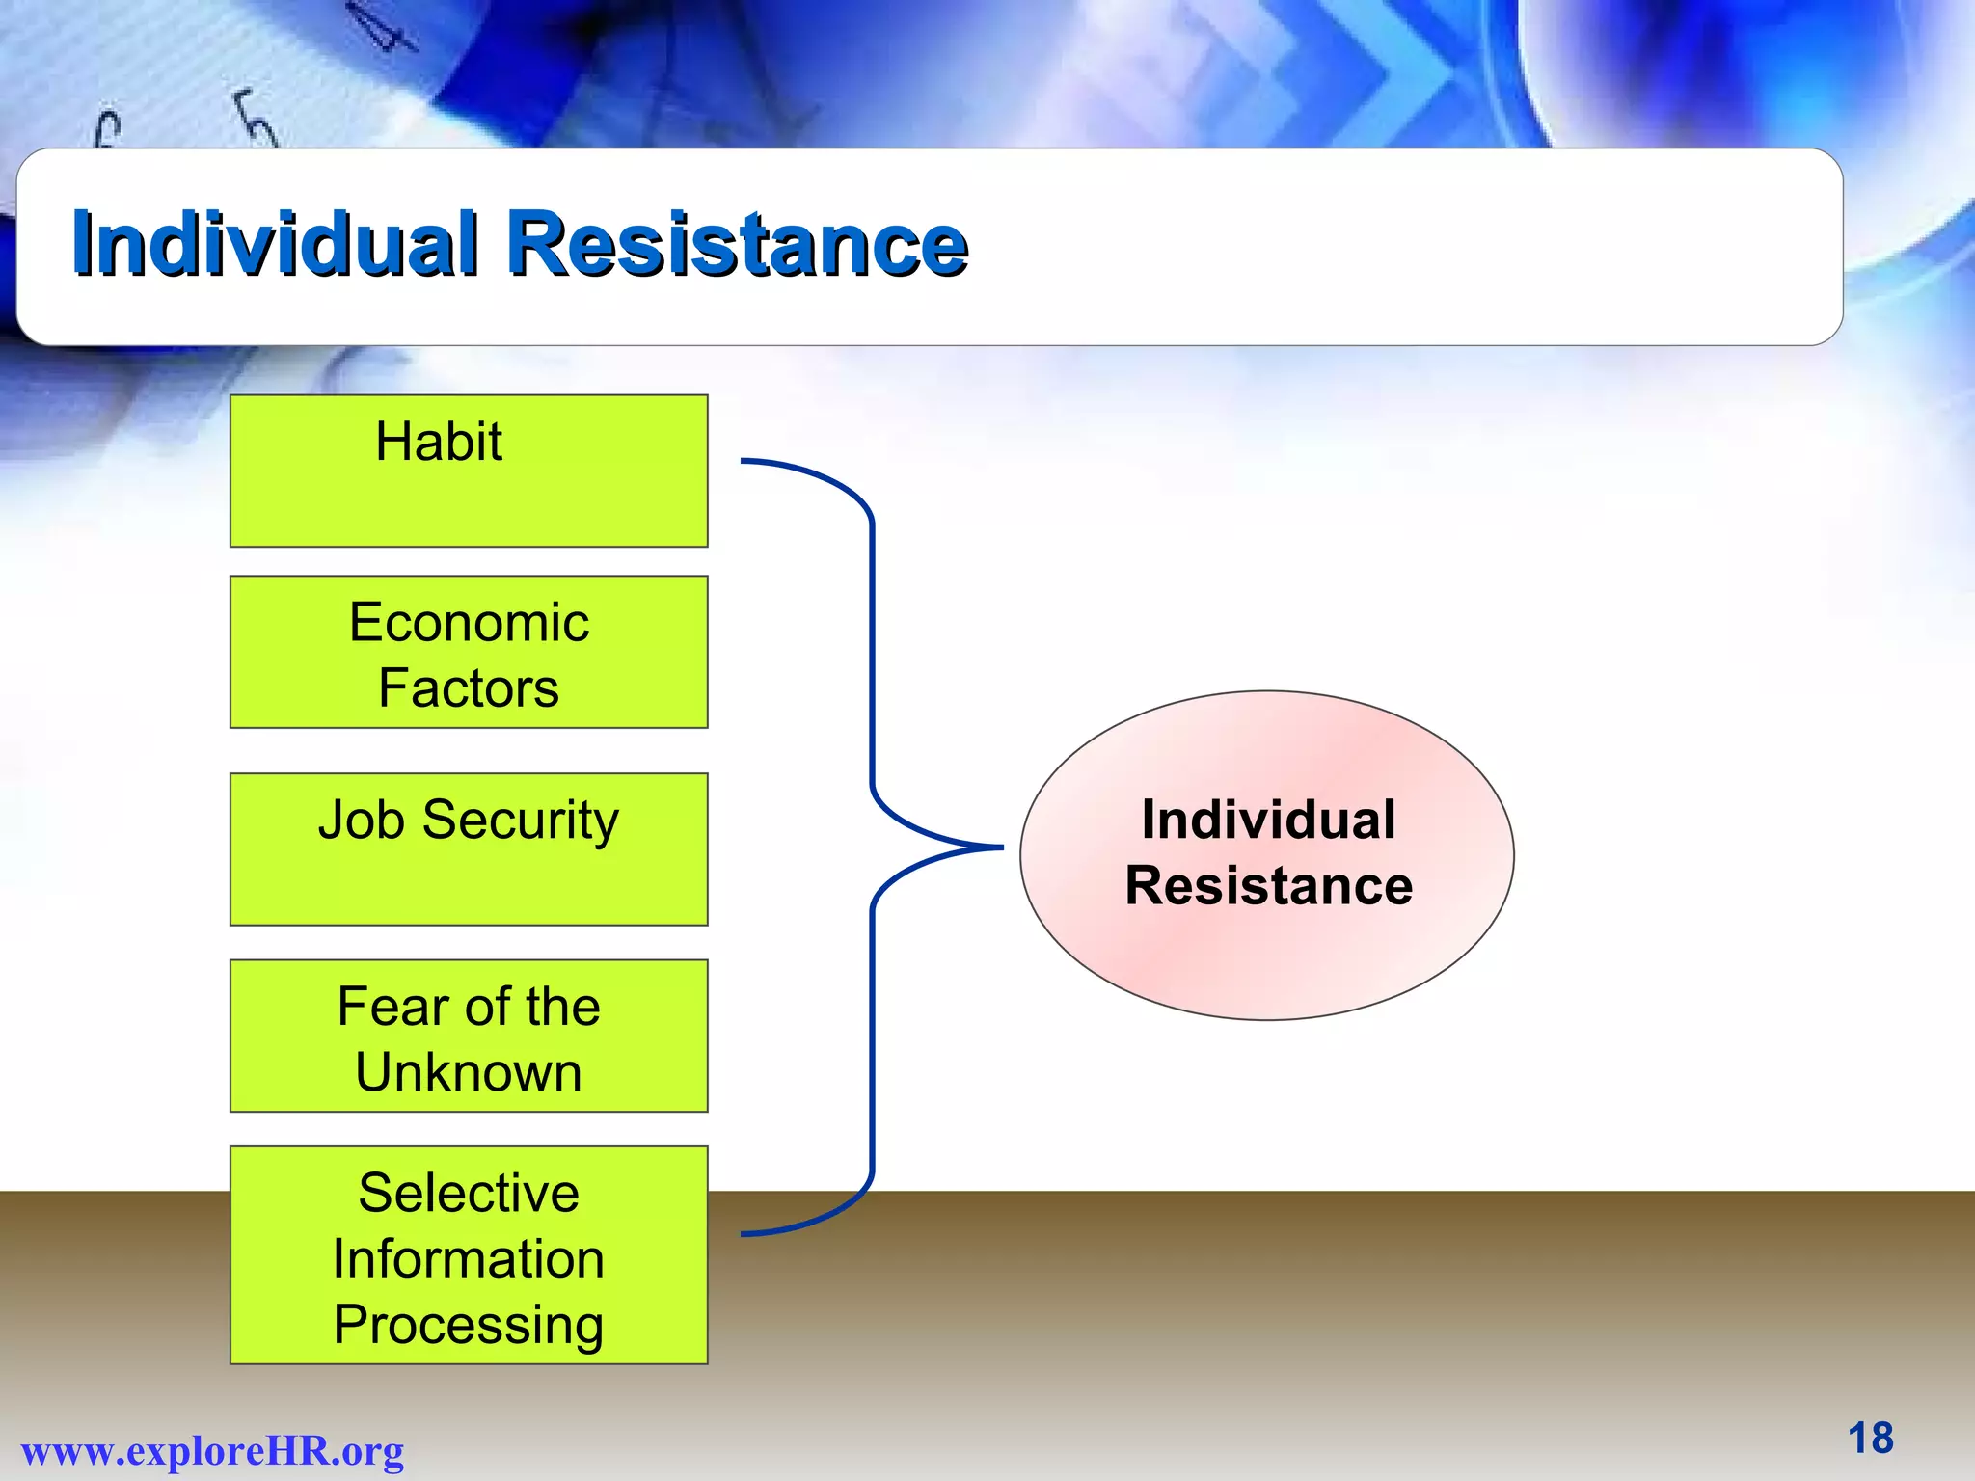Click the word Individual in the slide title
coord(275,243)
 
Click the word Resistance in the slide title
coord(737,243)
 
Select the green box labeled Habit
coord(469,471)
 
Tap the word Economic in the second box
coord(469,622)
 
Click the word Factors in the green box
coord(469,687)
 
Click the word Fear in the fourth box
coord(394,1007)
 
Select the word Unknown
coord(469,1072)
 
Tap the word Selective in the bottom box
coord(469,1193)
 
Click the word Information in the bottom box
coord(469,1259)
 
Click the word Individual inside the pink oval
coord(1268,820)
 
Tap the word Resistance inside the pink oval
coord(1268,885)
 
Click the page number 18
coord(1870,1439)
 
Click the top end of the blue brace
coord(744,461)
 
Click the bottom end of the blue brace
coord(744,1234)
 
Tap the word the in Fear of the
coord(563,1007)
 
